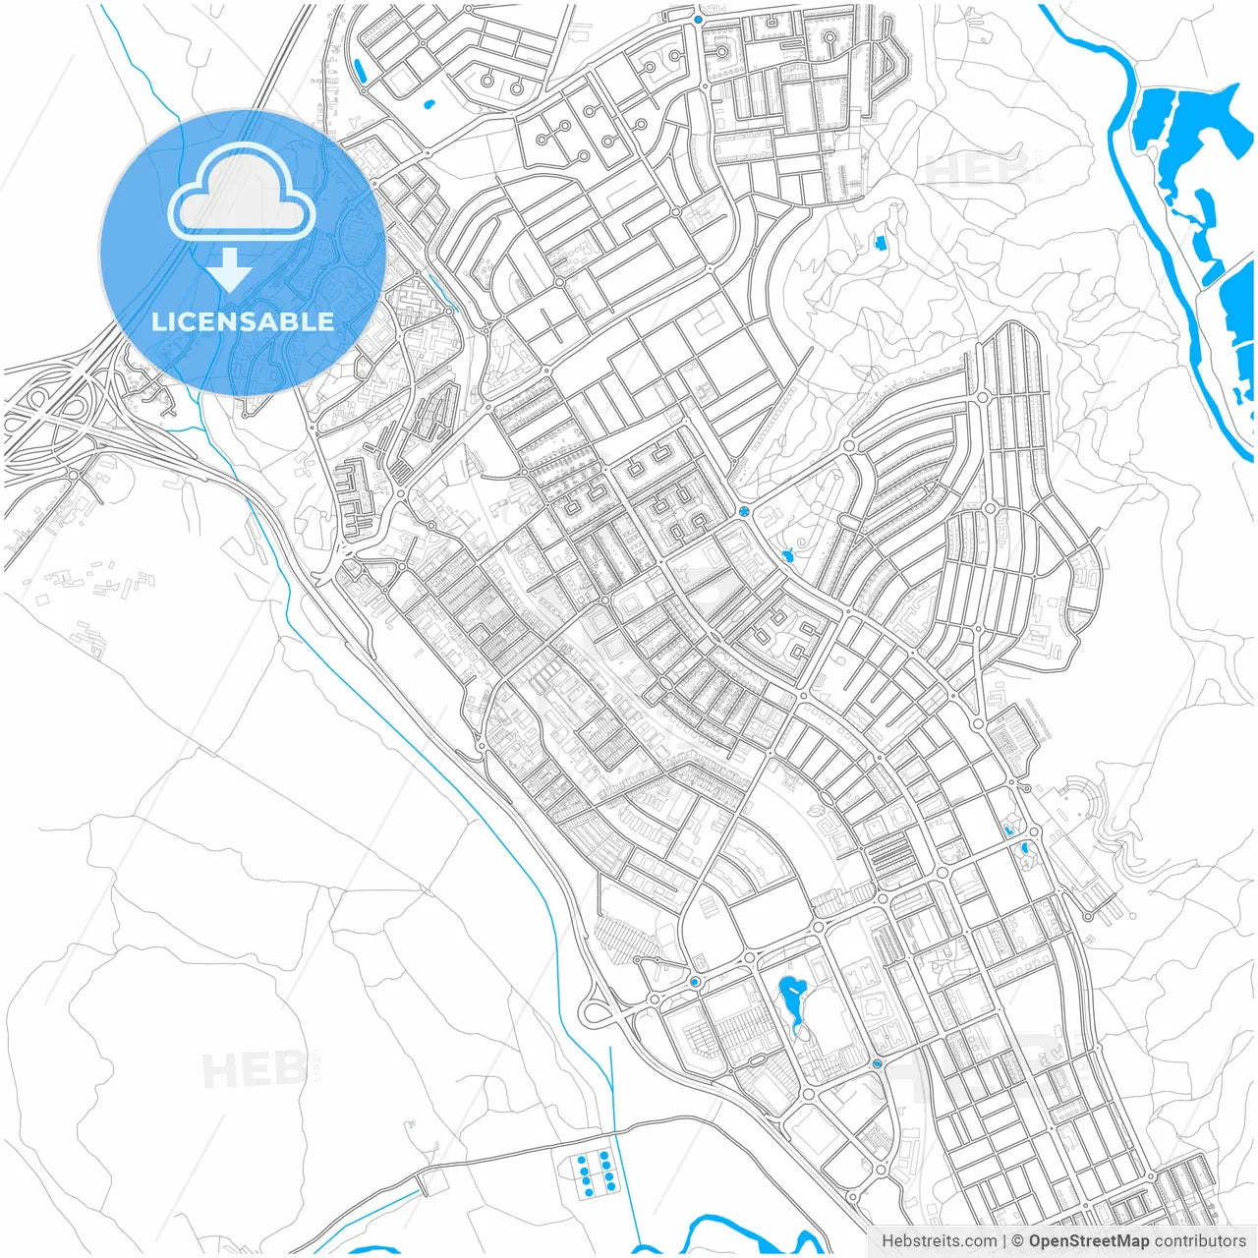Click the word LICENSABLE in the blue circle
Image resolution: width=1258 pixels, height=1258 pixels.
[x=243, y=321]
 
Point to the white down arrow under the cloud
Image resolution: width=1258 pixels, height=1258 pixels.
[x=230, y=268]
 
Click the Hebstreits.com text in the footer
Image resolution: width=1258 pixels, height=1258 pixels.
[x=939, y=1241]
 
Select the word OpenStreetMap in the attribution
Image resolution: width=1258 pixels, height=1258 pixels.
[x=1088, y=1241]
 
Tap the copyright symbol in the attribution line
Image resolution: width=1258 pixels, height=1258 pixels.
[x=1018, y=1241]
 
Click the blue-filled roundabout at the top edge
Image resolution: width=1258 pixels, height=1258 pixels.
[x=698, y=19]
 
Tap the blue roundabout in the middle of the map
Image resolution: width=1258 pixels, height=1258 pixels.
[x=744, y=511]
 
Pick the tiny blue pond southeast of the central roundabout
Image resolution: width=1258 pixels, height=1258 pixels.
[x=787, y=557]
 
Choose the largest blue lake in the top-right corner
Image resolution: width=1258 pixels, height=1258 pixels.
[x=1179, y=123]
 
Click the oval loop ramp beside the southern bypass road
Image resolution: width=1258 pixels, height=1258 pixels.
[x=595, y=1012]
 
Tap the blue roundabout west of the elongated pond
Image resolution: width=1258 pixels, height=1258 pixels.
[x=695, y=982]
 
